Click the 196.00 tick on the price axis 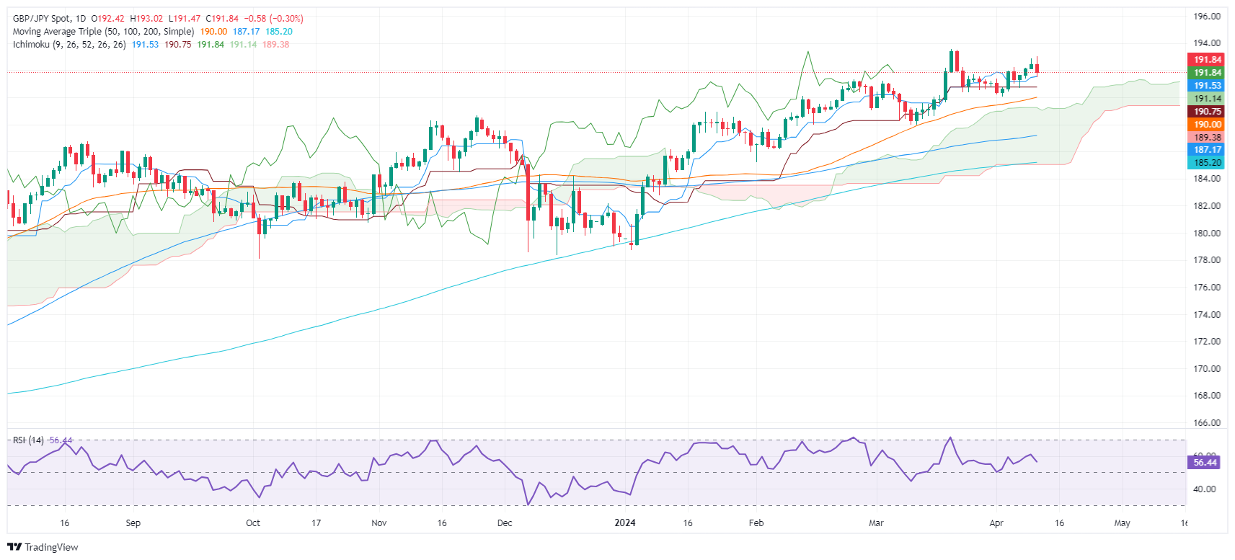point(1205,16)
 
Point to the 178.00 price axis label point(1205,260)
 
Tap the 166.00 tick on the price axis point(1205,423)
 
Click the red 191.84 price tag point(1205,60)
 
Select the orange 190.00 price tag point(1205,125)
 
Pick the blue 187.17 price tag point(1205,150)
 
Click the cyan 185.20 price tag point(1205,163)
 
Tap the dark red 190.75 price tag point(1205,112)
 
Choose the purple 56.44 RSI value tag point(1204,463)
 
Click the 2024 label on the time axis point(625,523)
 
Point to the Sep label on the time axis point(133,523)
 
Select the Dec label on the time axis point(505,523)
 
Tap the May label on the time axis point(1122,523)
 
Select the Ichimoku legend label point(31,45)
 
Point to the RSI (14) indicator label point(28,440)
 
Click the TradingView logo point(43,547)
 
